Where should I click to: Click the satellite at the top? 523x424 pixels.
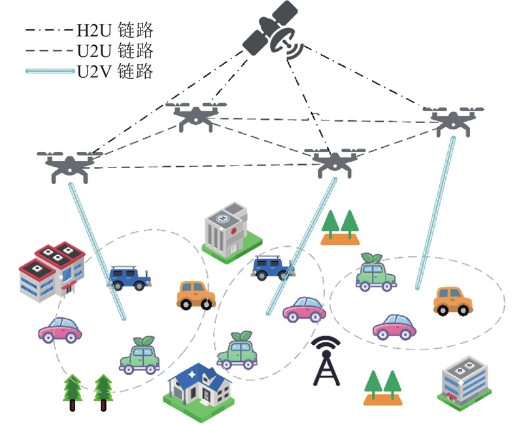tap(273, 31)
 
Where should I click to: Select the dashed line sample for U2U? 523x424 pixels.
tap(50, 51)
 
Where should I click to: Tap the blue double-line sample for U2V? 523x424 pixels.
tap(50, 71)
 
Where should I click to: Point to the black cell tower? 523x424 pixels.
tap(326, 361)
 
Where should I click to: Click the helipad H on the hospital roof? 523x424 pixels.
tap(222, 219)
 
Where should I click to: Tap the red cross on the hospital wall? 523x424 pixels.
tap(233, 230)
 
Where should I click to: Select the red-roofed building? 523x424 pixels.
tap(52, 272)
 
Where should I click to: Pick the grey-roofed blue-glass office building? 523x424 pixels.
tap(464, 383)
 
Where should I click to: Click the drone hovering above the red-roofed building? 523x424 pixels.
tap(69, 166)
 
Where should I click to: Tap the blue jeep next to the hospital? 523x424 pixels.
tap(273, 268)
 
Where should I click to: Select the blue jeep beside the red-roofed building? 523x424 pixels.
tap(129, 277)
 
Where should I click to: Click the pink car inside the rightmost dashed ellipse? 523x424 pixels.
tap(394, 327)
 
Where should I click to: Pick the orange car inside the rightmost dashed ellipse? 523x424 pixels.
tap(453, 301)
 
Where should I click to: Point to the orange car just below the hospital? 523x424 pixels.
tap(196, 296)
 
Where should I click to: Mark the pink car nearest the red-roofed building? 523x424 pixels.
tap(60, 330)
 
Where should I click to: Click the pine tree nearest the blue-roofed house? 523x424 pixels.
tap(103, 393)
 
